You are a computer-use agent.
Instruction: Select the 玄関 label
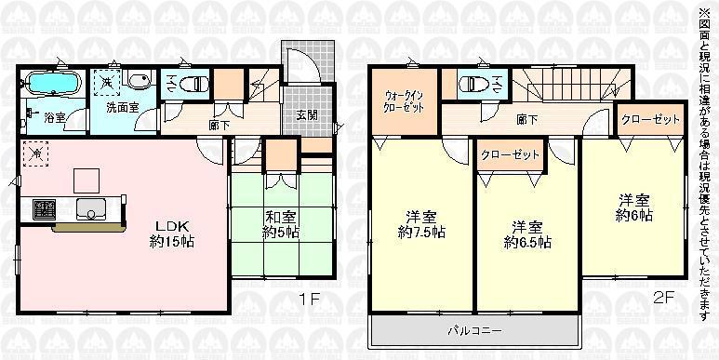(306, 115)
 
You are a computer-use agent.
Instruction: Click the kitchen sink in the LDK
(90, 207)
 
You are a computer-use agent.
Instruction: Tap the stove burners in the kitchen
(43, 207)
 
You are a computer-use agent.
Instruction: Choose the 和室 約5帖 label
(280, 226)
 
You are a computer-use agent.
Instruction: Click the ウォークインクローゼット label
(406, 101)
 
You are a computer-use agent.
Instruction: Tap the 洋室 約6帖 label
(632, 207)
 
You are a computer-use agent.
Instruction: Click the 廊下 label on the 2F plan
(526, 120)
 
